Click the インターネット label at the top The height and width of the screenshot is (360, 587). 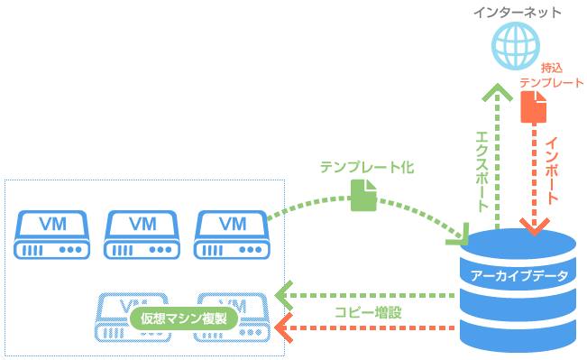point(518,13)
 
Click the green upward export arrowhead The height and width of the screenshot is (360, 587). point(496,91)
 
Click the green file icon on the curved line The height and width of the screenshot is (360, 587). point(362,196)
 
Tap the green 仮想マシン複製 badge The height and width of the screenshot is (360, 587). point(183,318)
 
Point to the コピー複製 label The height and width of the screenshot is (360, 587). point(368,312)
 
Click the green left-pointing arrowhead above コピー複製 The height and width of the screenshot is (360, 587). point(284,295)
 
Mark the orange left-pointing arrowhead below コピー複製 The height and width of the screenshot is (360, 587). point(284,328)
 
